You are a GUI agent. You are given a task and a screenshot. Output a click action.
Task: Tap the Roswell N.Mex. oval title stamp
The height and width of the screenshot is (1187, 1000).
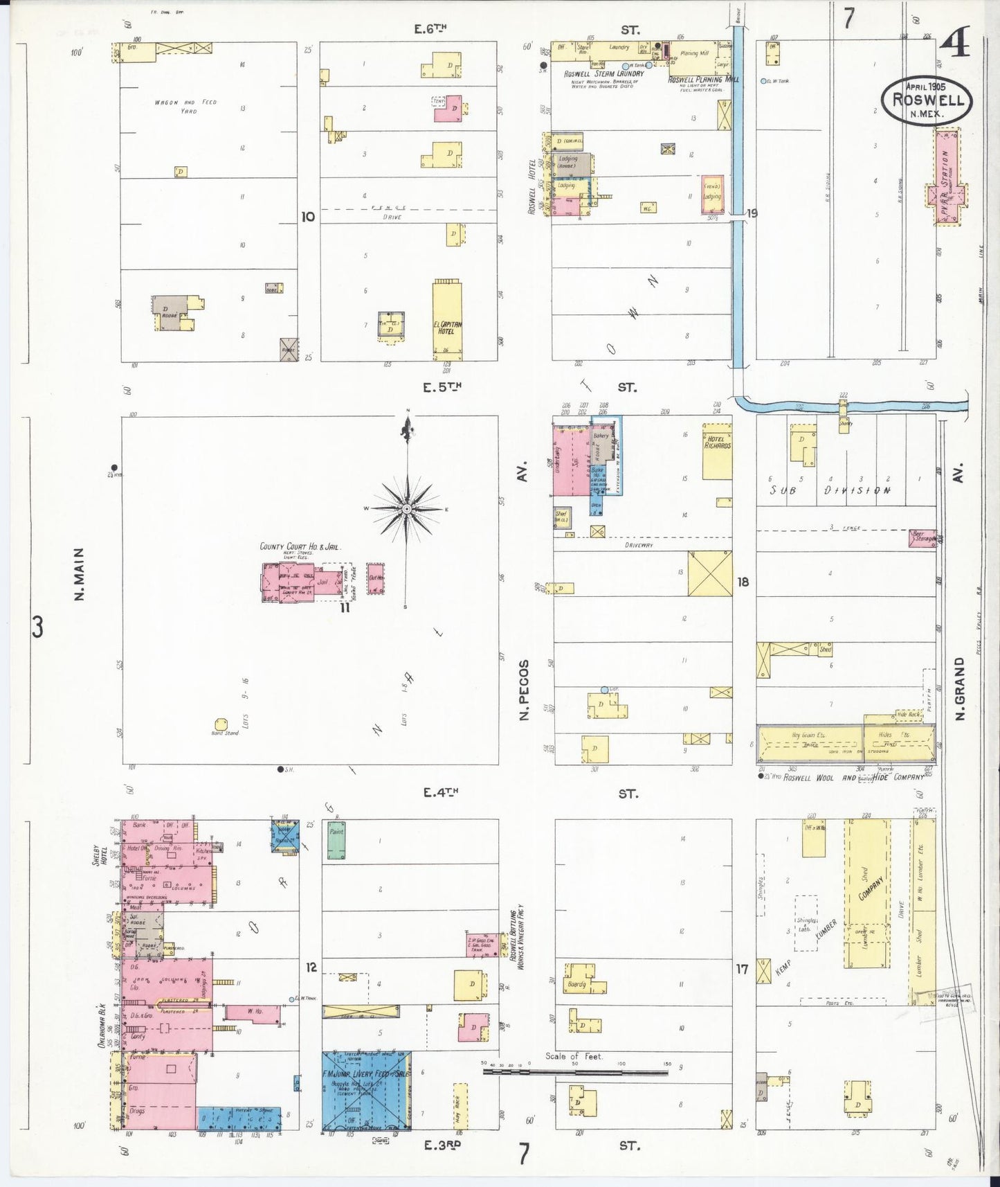927,100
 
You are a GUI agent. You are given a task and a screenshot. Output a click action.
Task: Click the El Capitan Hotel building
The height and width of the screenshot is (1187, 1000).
447,319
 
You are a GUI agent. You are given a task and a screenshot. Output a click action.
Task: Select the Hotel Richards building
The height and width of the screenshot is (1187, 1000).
717,452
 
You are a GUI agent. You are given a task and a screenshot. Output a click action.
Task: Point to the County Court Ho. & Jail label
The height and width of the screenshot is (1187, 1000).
300,546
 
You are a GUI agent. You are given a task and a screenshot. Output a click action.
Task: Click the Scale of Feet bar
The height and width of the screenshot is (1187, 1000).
574,1072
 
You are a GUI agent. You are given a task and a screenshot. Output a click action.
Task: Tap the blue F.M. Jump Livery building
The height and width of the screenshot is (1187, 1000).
366,1091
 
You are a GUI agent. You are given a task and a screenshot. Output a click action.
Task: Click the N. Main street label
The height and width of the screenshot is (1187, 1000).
79,574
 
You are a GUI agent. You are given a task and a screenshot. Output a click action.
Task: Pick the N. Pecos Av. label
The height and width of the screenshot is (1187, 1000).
524,689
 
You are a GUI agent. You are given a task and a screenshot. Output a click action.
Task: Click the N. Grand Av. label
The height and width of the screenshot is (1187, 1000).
959,689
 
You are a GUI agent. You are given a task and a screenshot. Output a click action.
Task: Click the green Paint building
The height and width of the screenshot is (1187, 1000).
336,840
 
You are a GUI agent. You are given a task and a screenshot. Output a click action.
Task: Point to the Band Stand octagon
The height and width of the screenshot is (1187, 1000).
221,724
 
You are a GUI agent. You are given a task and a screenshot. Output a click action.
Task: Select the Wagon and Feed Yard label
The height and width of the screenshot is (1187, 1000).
186,106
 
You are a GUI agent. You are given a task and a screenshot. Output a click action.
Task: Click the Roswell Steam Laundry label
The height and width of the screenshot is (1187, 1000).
603,73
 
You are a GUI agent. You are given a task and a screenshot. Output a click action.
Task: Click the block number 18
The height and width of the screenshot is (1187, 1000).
743,582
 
